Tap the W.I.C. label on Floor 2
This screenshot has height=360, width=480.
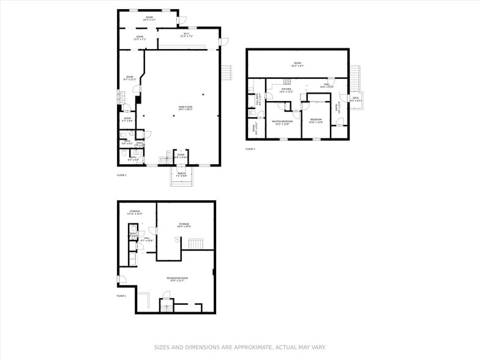(187, 35)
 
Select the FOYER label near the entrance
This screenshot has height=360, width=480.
(181, 156)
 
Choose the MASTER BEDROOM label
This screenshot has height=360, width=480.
(282, 122)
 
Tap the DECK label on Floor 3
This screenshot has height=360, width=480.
(355, 99)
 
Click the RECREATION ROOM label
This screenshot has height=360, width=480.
(177, 279)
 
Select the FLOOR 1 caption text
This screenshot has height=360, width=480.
(121, 296)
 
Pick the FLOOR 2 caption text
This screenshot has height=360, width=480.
(121, 175)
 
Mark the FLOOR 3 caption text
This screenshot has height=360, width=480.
(250, 149)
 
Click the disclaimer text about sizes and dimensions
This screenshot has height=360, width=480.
(239, 347)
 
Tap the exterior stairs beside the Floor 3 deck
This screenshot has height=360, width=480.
(355, 78)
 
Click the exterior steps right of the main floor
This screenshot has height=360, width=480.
(228, 72)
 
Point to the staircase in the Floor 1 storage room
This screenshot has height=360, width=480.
(196, 245)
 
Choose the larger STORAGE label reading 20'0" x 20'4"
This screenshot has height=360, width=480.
(184, 225)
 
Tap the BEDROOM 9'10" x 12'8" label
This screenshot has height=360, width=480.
(316, 120)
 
